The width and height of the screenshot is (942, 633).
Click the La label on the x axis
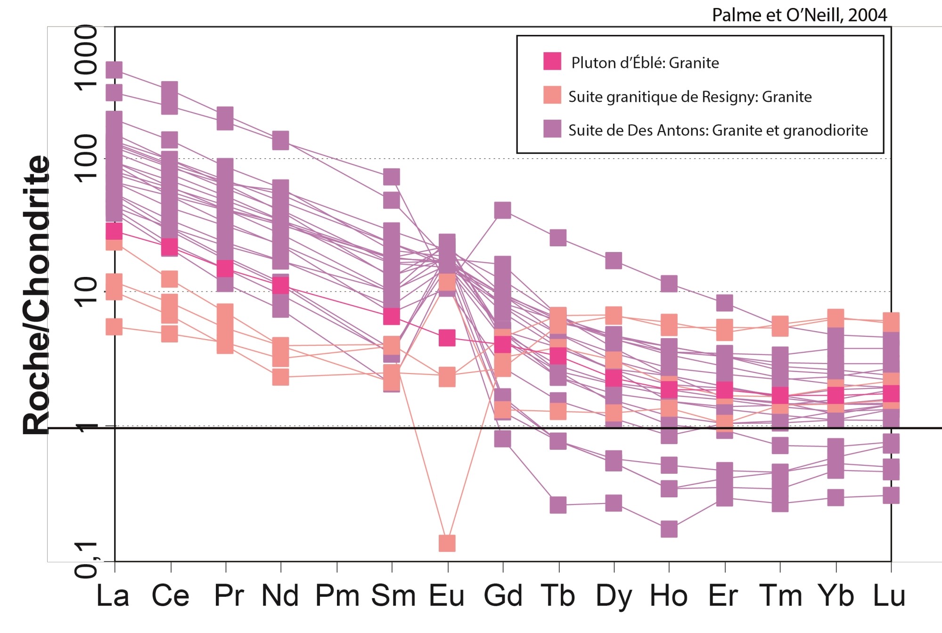coord(113,596)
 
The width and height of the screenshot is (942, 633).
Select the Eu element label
coord(447,596)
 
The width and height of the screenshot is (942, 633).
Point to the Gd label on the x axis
coord(503,596)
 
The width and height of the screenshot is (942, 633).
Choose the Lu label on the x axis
coord(889,596)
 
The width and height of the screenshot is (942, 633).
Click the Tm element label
coord(781,596)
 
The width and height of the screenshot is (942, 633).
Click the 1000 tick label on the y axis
coord(86,57)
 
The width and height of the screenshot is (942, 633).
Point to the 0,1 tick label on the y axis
coord(86,560)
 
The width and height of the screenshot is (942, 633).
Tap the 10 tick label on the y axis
coord(86,292)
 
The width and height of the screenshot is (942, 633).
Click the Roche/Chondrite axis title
coord(37,294)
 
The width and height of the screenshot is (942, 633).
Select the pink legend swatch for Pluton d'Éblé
coord(552,61)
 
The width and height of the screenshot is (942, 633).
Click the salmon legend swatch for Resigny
coord(552,95)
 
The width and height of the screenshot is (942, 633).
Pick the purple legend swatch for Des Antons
coord(552,129)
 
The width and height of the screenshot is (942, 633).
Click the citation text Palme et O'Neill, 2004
coord(799,15)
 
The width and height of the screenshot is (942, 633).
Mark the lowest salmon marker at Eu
coord(447,543)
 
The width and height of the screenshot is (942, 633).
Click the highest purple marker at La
coord(114,70)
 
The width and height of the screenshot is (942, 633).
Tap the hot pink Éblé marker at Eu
coord(447,338)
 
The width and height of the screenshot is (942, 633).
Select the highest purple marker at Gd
coord(503,210)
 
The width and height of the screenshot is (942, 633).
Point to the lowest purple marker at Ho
coord(669,529)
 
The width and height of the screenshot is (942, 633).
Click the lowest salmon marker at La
coord(114,326)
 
